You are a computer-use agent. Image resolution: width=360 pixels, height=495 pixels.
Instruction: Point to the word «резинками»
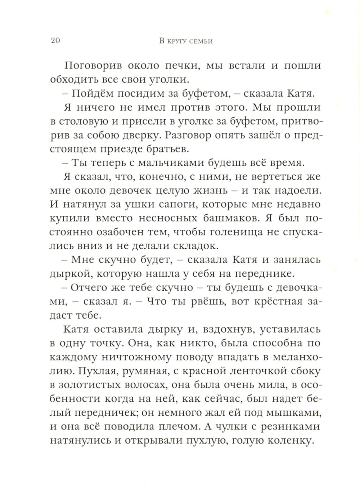pos(287,427)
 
